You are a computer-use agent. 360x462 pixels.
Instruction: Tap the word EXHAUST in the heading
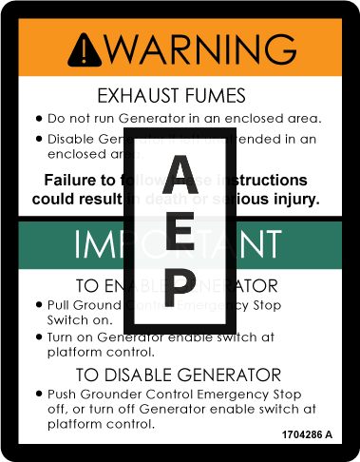tap(143, 95)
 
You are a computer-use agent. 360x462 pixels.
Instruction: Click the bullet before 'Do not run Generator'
tap(38, 119)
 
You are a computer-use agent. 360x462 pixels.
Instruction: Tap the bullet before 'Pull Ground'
tap(38, 306)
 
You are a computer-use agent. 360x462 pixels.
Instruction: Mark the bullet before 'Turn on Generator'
tap(38, 337)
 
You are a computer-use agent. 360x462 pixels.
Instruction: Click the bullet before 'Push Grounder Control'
tap(38, 394)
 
